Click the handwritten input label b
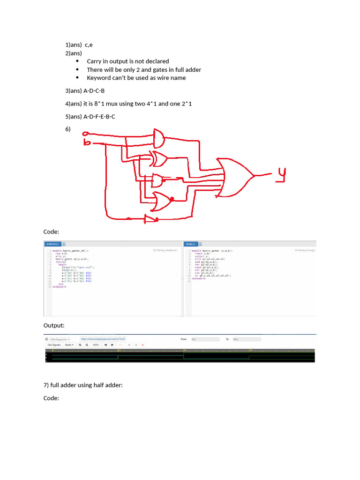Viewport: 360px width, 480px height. click(87, 142)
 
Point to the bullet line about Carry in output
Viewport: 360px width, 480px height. click(128, 61)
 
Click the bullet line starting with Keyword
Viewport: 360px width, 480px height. click(136, 78)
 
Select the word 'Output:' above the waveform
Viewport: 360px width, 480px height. click(54, 325)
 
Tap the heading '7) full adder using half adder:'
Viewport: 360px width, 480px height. click(83, 385)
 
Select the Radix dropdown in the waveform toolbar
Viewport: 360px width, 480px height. click(69, 345)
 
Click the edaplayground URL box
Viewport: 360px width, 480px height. click(103, 338)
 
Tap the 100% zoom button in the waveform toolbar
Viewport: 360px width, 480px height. click(95, 345)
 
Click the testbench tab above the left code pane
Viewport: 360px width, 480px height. click(51, 244)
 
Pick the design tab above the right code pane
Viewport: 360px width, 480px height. click(190, 244)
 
